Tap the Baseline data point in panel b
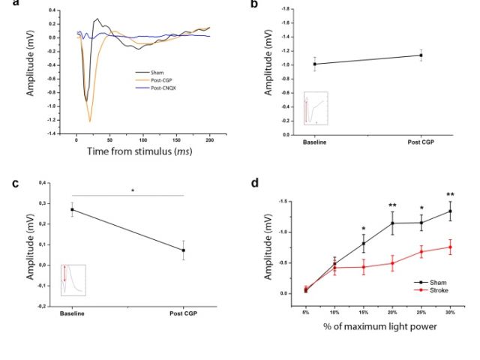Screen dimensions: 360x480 point(314,64)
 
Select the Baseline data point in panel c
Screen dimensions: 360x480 point(72,209)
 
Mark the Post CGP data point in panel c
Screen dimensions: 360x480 point(184,250)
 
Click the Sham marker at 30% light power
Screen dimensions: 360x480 point(450,211)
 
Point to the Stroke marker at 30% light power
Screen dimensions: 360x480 point(450,247)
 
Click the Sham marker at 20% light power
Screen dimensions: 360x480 point(391,223)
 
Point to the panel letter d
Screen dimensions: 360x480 point(255,182)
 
